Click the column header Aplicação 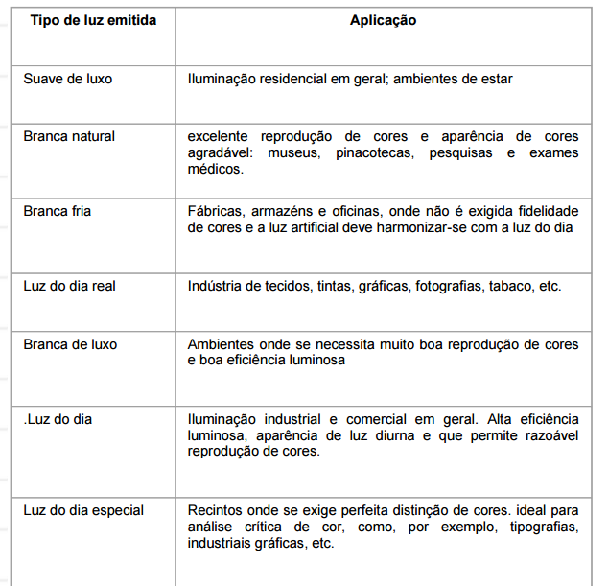click(383, 20)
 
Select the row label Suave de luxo click(67, 79)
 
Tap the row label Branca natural click(69, 136)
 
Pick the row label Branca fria click(58, 211)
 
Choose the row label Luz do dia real click(70, 286)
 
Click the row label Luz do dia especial click(83, 510)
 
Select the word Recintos click(217, 510)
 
